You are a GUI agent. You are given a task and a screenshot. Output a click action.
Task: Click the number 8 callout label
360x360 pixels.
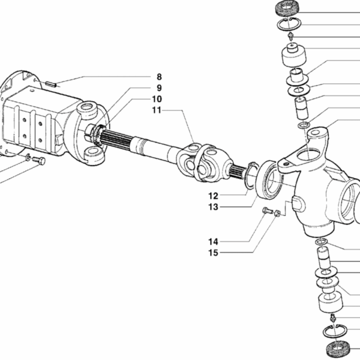click(x=159, y=77)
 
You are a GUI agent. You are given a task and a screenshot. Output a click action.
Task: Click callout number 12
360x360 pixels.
click(x=213, y=196)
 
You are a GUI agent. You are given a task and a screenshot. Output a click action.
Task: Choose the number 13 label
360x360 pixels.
click(x=213, y=207)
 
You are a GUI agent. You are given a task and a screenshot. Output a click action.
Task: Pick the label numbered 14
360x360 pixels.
click(x=213, y=241)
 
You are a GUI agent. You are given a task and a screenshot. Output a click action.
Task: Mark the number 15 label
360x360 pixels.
click(x=213, y=253)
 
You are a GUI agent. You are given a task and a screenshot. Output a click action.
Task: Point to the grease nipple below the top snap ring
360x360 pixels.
click(x=290, y=37)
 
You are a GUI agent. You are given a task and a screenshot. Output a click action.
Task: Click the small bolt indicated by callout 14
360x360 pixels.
click(x=267, y=211)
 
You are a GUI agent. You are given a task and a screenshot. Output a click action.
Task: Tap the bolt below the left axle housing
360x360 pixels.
click(x=39, y=160)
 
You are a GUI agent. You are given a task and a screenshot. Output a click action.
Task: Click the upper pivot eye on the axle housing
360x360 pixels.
click(x=88, y=110)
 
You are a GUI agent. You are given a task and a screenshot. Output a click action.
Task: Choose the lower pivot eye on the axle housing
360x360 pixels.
click(x=94, y=154)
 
